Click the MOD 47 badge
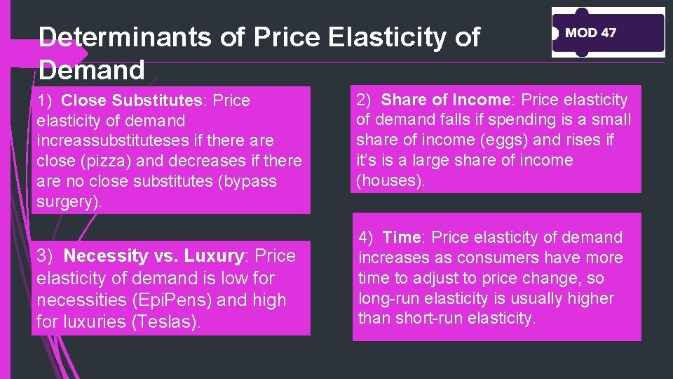coord(607,33)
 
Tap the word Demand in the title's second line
coord(91,69)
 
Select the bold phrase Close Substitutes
coord(142,100)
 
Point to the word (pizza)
coord(114,161)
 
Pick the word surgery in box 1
coord(67,202)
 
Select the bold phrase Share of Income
coord(446,100)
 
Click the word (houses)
coord(391,181)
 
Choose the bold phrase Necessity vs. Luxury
coord(153,255)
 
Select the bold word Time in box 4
coord(401,238)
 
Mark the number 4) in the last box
coord(368,238)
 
